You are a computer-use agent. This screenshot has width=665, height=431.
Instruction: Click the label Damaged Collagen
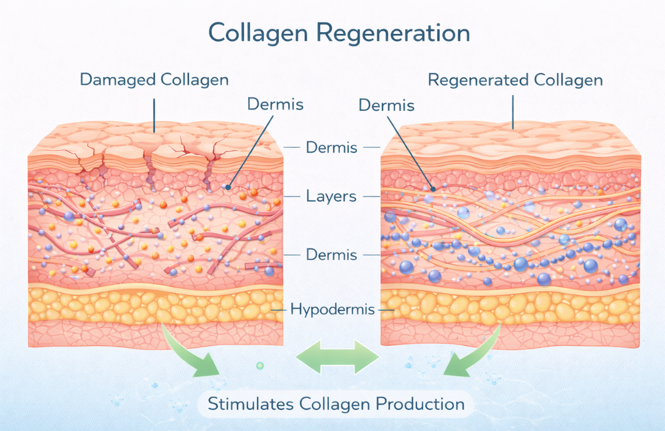click(154, 79)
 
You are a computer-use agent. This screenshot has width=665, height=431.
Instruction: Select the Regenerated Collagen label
click(515, 80)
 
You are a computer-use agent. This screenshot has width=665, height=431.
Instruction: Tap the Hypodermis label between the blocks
click(332, 309)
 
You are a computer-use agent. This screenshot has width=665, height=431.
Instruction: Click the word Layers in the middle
click(331, 197)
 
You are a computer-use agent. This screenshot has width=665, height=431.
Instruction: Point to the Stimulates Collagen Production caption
click(336, 405)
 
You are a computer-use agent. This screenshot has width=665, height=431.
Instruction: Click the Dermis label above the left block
click(275, 103)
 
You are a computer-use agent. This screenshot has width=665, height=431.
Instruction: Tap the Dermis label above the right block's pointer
click(386, 106)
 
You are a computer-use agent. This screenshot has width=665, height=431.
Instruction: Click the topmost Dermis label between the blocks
click(331, 148)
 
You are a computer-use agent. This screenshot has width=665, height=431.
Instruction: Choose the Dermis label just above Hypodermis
click(331, 254)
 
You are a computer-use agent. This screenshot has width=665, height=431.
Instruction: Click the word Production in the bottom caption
click(421, 405)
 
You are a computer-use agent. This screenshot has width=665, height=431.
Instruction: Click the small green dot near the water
click(260, 366)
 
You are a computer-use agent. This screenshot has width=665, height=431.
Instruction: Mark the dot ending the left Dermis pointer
click(227, 187)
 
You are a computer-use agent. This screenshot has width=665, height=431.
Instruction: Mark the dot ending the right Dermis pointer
click(433, 189)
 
